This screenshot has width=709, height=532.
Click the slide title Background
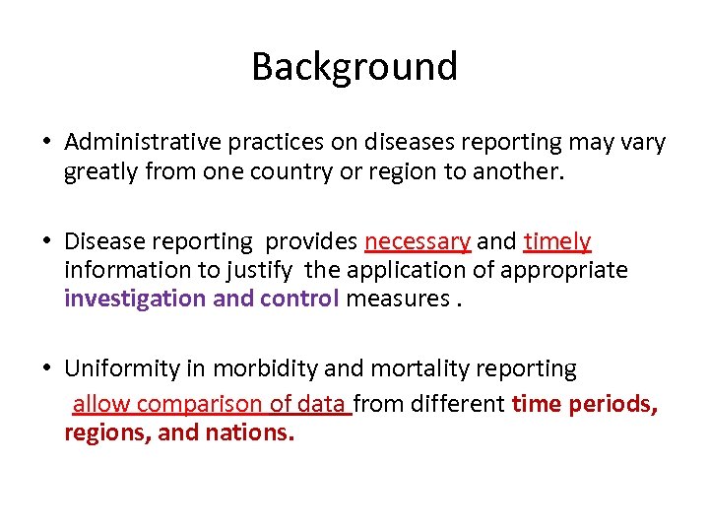click(x=354, y=67)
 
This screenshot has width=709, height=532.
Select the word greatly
click(x=99, y=172)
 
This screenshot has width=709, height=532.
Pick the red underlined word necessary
click(x=418, y=241)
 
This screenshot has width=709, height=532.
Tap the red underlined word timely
click(x=557, y=241)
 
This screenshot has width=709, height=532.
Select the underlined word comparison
click(x=200, y=404)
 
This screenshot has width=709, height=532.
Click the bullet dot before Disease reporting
click(x=47, y=242)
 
